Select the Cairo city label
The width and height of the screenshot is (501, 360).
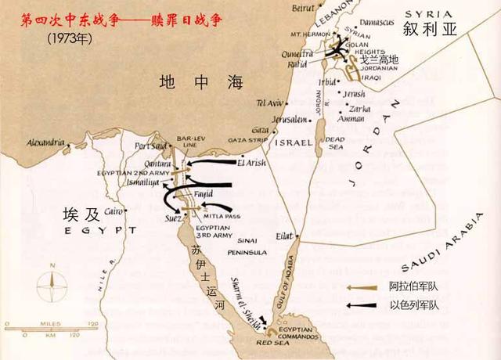click(114, 211)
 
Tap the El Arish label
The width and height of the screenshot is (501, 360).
click(252, 163)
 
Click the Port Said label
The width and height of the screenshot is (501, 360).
click(152, 145)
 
